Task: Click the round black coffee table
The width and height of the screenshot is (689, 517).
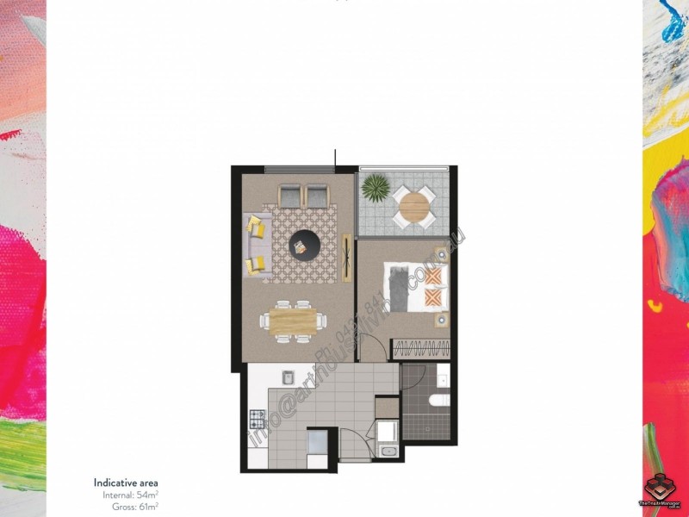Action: pyautogui.click(x=302, y=246)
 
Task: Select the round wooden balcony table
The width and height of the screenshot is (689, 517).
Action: pyautogui.click(x=413, y=206)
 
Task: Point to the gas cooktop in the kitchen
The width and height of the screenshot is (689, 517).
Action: pyautogui.click(x=258, y=420)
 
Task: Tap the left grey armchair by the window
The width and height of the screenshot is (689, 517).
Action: pyautogui.click(x=289, y=197)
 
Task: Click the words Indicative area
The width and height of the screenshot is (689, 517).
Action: pyautogui.click(x=126, y=483)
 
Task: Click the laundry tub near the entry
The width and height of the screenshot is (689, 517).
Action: pyautogui.click(x=388, y=452)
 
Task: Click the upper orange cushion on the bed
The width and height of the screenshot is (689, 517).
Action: pyautogui.click(x=437, y=276)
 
